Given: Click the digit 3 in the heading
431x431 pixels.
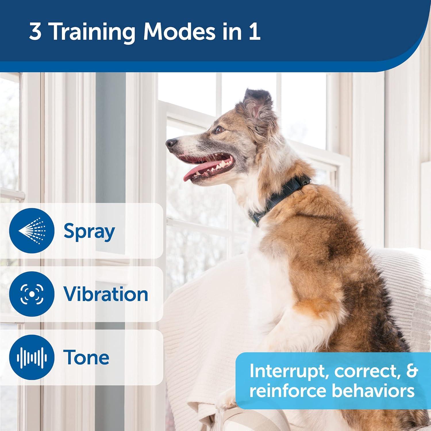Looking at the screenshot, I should (35, 32).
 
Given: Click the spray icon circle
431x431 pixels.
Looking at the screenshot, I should (32, 231).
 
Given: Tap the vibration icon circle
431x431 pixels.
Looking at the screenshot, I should (32, 294).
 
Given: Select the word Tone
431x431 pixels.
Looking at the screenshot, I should (86, 357).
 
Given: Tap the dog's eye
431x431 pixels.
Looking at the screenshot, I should (219, 130).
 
